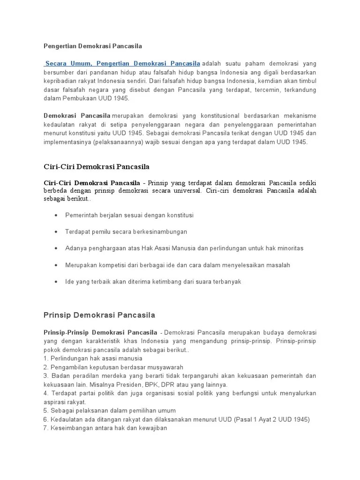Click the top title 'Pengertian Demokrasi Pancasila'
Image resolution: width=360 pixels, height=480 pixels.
coord(92,46)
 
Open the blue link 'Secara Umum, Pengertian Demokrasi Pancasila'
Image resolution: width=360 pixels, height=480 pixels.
coord(122,63)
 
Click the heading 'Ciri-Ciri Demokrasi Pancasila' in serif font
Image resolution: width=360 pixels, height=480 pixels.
coord(96,166)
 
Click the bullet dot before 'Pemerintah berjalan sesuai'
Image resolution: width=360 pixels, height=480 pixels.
coord(56,215)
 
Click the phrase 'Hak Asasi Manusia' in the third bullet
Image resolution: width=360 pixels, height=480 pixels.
coord(166,248)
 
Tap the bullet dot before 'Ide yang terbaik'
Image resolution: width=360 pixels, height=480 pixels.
coord(56,282)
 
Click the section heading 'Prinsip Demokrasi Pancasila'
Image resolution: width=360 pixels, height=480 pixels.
coord(99,315)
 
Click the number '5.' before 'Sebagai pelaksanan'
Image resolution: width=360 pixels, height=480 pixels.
coord(46,410)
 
